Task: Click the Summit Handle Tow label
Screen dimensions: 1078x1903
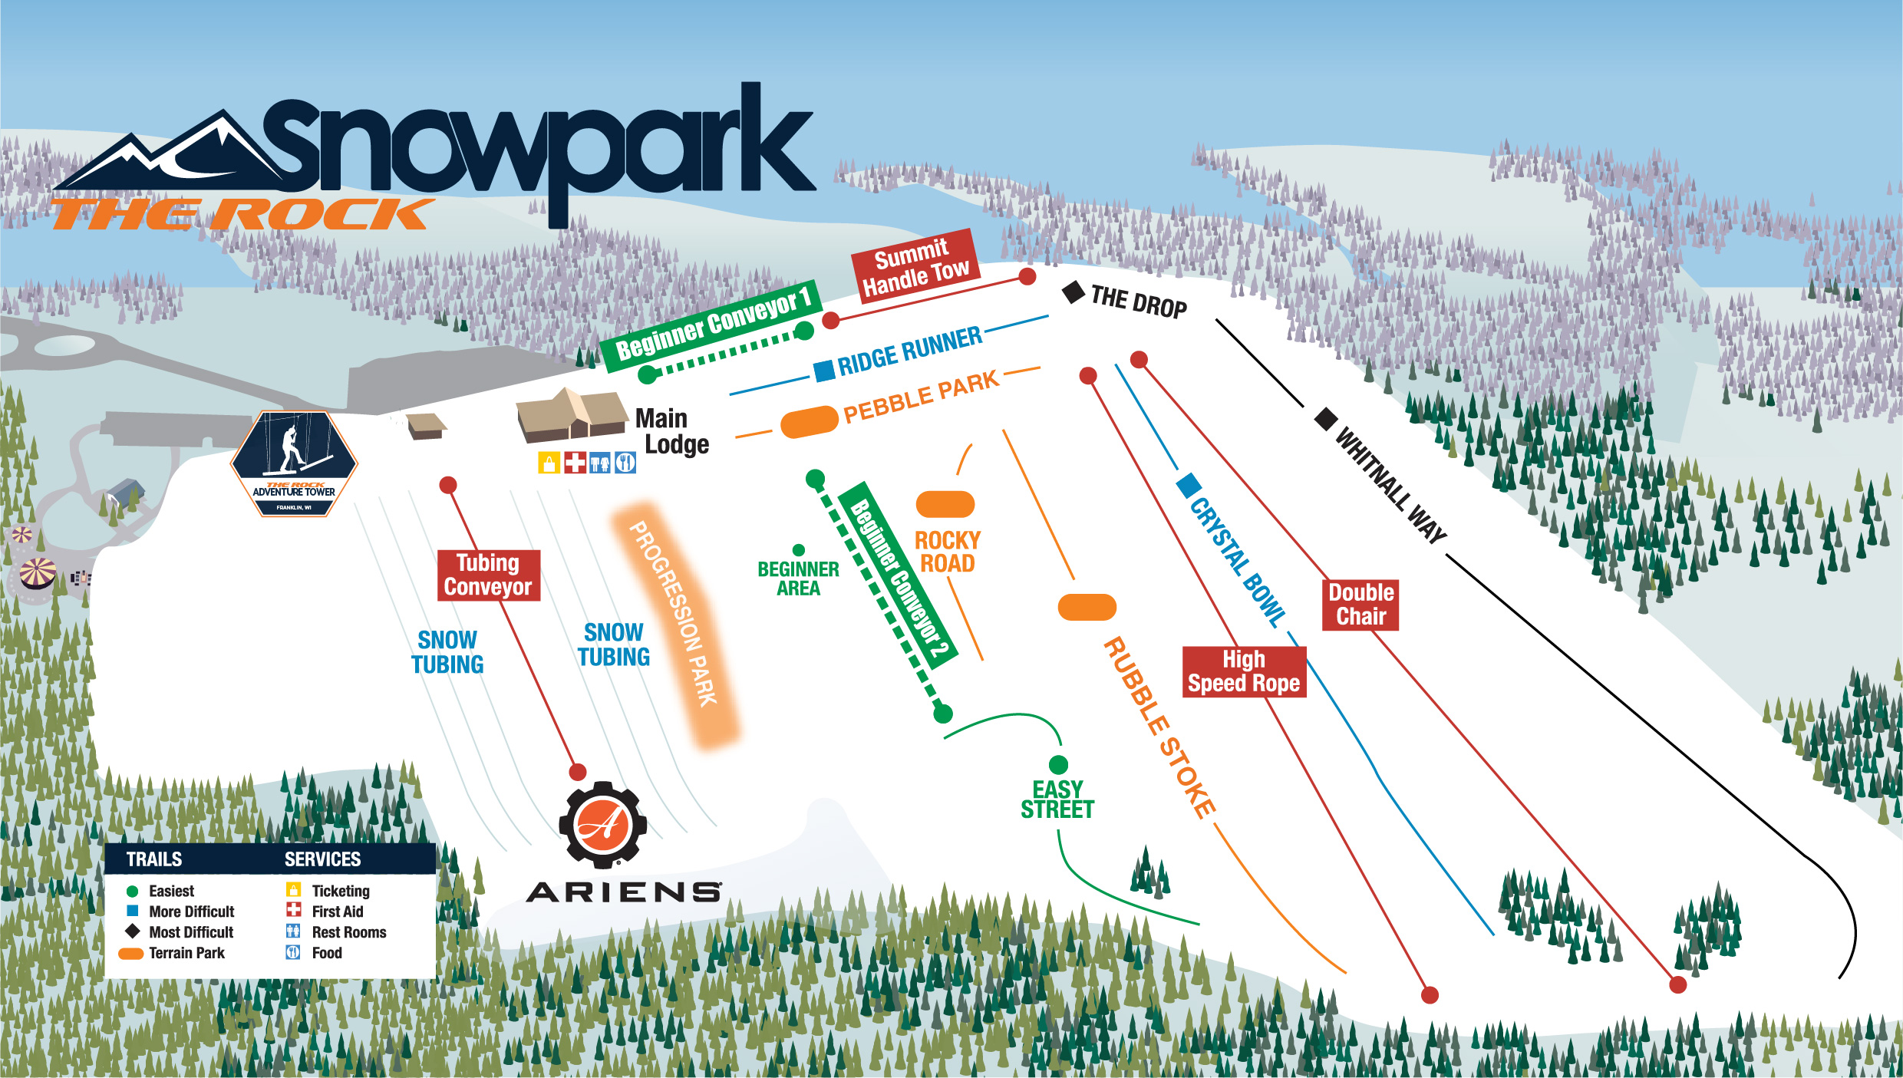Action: pos(915,266)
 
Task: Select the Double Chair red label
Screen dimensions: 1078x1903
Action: pos(1360,605)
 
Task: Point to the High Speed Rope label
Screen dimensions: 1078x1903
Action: pos(1243,671)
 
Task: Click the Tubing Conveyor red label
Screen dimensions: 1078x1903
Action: pos(488,575)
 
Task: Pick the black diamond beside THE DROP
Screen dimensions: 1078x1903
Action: pos(1073,292)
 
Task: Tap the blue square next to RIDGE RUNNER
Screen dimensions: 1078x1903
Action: pos(824,371)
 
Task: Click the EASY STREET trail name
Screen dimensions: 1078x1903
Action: pos(1057,799)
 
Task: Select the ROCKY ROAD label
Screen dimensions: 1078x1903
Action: pos(948,552)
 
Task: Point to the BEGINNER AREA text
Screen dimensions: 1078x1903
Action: pos(798,579)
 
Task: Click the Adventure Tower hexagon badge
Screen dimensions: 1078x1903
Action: pos(294,463)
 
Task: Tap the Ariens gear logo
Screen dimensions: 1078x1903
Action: pos(603,826)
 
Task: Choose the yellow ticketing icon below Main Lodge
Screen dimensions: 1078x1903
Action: pos(549,463)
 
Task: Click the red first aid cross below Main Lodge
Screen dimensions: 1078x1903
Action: pos(575,463)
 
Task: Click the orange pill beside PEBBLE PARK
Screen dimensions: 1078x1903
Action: pos(809,422)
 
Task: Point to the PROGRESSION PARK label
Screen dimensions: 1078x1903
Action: pos(674,614)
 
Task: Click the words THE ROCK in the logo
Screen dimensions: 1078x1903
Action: pos(242,215)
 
